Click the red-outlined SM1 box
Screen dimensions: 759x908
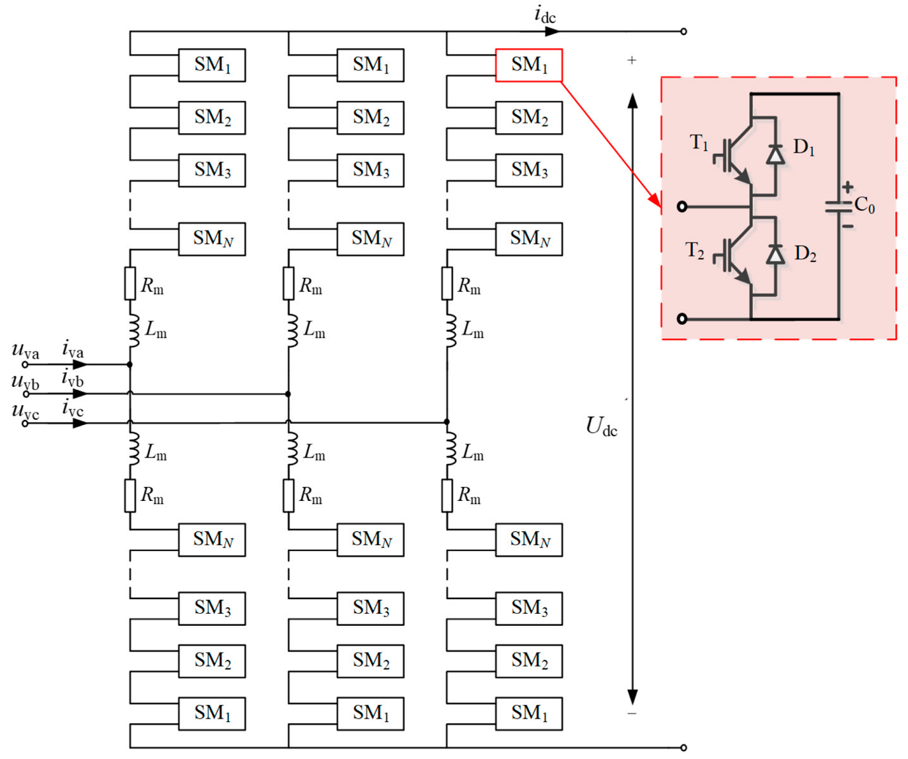click(x=528, y=65)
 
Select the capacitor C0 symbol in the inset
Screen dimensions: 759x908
click(x=839, y=207)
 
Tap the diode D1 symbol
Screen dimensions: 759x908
click(x=775, y=154)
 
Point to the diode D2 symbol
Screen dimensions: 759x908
click(x=775, y=254)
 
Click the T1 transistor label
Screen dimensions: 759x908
click(x=699, y=143)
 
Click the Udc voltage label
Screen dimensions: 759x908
click(x=601, y=426)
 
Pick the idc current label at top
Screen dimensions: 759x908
click(x=545, y=15)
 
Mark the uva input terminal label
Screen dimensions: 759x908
click(x=26, y=350)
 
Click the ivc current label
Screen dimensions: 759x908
click(x=73, y=409)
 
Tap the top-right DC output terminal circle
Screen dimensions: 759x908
click(x=683, y=31)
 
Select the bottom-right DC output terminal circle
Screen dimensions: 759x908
click(x=683, y=747)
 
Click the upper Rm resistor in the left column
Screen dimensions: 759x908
click(x=130, y=284)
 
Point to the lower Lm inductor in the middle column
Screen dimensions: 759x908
click(x=289, y=450)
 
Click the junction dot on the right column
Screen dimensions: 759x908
click(x=447, y=422)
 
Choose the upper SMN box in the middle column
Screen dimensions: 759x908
click(x=370, y=239)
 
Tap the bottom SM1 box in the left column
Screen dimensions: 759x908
click(x=212, y=713)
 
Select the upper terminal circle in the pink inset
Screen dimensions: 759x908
click(x=682, y=207)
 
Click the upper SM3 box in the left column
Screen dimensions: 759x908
click(x=212, y=170)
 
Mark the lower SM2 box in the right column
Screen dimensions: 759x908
click(x=528, y=661)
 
